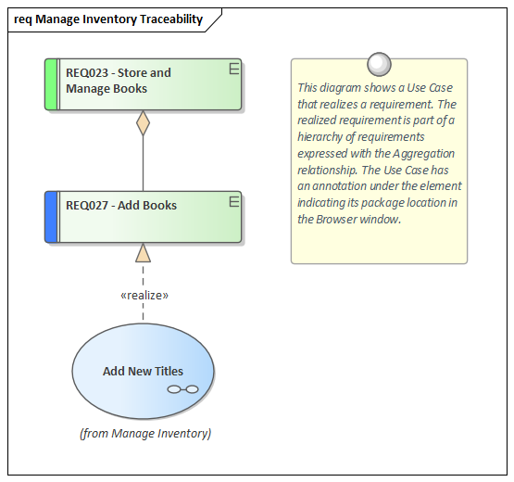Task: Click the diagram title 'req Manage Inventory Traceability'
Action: point(107,19)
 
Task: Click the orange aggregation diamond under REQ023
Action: point(143,123)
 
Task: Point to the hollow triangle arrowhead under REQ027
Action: point(143,252)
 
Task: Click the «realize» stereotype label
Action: point(144,295)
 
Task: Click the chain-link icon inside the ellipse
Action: point(182,389)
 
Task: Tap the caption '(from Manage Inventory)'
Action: point(144,433)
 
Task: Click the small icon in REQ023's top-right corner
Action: point(234,68)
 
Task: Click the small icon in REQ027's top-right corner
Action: point(234,200)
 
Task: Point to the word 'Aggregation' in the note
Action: point(421,153)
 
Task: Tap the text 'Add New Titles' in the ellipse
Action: point(143,371)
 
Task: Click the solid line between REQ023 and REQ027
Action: point(143,167)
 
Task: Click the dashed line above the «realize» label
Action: point(143,274)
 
